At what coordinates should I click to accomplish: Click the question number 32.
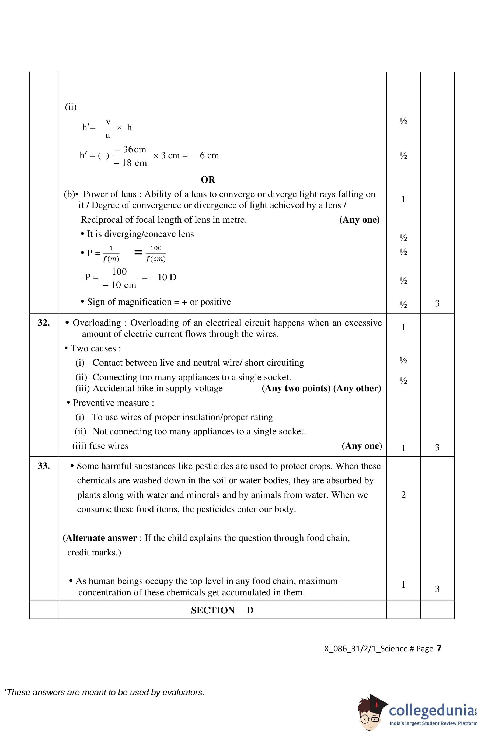[x=44, y=323]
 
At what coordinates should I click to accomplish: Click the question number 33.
[x=44, y=466]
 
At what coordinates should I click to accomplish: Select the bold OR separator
[x=208, y=180]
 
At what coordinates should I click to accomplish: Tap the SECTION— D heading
[x=222, y=610]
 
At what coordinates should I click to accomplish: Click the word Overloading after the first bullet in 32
[x=97, y=323]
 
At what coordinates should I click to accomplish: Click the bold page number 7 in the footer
[x=439, y=649]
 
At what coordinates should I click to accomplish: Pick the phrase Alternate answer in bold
[x=101, y=538]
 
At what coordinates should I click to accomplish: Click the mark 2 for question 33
[x=403, y=495]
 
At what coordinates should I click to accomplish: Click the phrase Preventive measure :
[x=113, y=403]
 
